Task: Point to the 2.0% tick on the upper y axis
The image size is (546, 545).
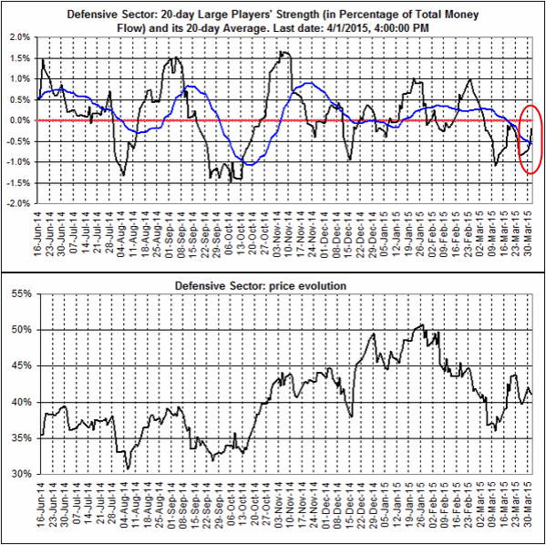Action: [x=18, y=37]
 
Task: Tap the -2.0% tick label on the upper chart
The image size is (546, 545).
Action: [x=17, y=203]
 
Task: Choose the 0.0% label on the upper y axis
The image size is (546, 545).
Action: [x=18, y=120]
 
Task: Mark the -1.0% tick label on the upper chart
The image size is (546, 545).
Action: [x=17, y=162]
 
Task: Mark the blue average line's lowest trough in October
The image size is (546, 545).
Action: [x=246, y=164]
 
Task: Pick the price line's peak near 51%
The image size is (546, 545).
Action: [x=420, y=324]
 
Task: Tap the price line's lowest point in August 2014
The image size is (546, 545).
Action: [x=129, y=468]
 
